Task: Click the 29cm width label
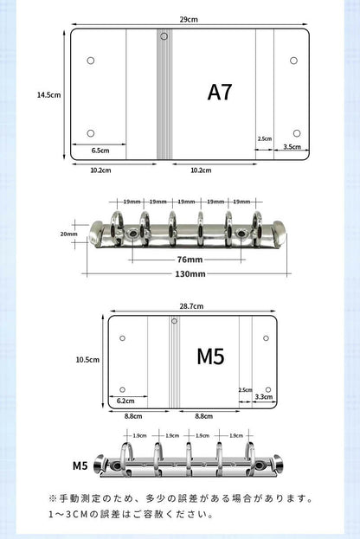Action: click(x=189, y=19)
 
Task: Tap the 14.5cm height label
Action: click(x=48, y=95)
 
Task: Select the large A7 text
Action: click(x=220, y=92)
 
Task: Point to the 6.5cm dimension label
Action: click(x=100, y=151)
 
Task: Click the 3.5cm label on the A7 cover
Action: click(x=292, y=147)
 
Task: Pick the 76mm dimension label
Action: click(x=190, y=260)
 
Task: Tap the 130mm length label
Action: click(x=190, y=274)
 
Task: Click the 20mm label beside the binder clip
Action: click(x=68, y=234)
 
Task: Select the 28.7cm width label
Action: click(x=191, y=306)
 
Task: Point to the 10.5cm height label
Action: click(x=87, y=360)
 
